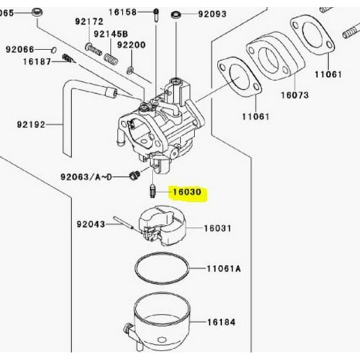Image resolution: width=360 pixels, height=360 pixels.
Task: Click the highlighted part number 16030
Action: [188, 192]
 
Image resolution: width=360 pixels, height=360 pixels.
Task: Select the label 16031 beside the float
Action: [219, 229]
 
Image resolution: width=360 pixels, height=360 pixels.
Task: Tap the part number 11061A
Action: [223, 269]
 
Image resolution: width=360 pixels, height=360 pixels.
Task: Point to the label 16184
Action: [222, 322]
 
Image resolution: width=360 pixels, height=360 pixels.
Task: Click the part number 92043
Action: [91, 222]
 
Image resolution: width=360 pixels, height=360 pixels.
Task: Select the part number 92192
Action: [31, 124]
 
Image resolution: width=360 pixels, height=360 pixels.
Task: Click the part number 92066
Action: [21, 49]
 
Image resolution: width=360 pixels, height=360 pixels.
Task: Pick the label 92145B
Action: [111, 33]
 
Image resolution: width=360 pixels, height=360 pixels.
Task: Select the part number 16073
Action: [294, 95]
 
